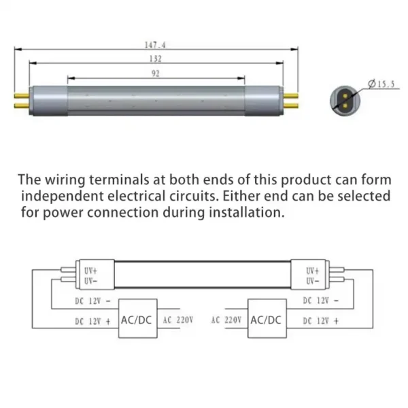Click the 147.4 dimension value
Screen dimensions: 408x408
point(156,44)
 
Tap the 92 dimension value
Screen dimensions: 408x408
point(156,73)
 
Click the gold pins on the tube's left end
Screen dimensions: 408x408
point(21,100)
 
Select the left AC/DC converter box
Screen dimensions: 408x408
point(136,320)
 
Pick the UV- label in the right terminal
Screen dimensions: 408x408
point(313,281)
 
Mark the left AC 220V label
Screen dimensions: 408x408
point(177,320)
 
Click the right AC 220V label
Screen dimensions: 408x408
point(226,320)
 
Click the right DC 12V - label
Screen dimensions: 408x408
point(320,301)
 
